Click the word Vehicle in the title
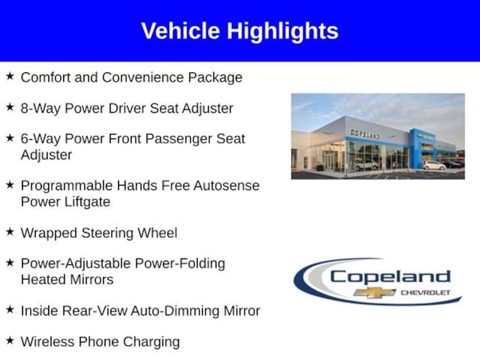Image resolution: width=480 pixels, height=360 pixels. pos(180,30)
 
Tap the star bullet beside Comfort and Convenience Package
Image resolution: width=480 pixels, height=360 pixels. pos(10,76)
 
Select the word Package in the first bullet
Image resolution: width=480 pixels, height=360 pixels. pos(215,78)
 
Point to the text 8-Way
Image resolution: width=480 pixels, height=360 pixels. pos(40,109)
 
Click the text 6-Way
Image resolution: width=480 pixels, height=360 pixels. pos(40,139)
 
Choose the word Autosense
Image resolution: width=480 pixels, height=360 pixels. pos(226,186)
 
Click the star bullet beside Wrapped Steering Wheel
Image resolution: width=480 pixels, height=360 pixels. pos(10,232)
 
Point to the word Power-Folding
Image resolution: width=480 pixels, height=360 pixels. pos(180,263)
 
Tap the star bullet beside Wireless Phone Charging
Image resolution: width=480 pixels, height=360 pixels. pos(10,340)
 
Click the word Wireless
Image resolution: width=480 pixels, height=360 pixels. pos(48,342)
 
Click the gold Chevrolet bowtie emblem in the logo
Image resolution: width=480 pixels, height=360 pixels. pos(375,292)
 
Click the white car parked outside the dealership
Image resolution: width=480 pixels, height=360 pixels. pos(434,165)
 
